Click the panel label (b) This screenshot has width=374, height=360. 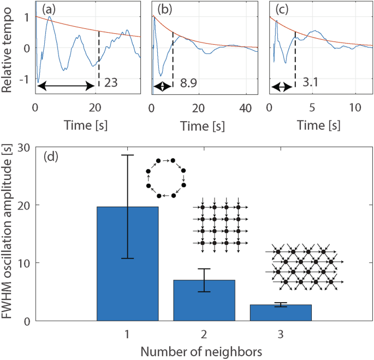pos(165,9)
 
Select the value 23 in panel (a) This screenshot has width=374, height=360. pos(111,83)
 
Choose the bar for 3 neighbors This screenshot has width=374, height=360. pos(281,313)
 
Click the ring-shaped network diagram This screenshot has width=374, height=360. pos(166,178)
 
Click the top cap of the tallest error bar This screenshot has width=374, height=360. pos(127,155)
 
